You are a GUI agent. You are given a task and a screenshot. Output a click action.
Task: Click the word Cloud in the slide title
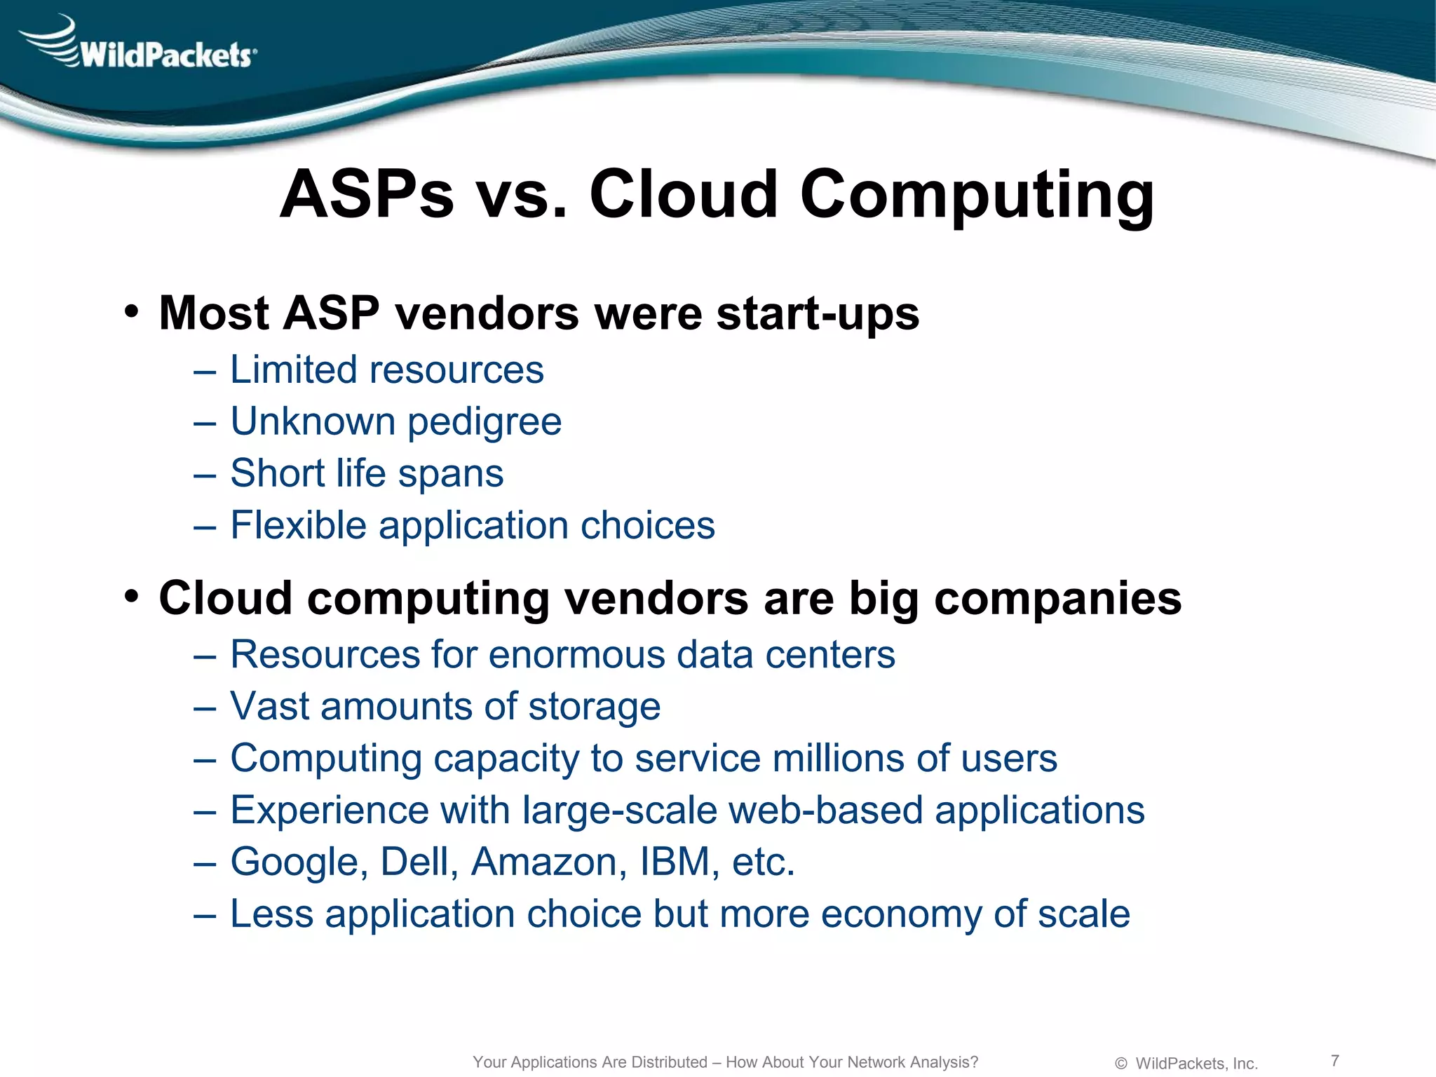tap(683, 194)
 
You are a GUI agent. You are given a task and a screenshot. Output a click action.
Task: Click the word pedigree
tap(485, 423)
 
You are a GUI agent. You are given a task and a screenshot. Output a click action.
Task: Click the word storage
tap(594, 707)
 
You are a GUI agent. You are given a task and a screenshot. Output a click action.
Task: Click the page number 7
tap(1335, 1060)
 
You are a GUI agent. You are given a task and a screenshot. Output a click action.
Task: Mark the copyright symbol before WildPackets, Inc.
tap(1120, 1064)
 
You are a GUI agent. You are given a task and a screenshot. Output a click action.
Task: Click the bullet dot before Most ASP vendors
tap(131, 311)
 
